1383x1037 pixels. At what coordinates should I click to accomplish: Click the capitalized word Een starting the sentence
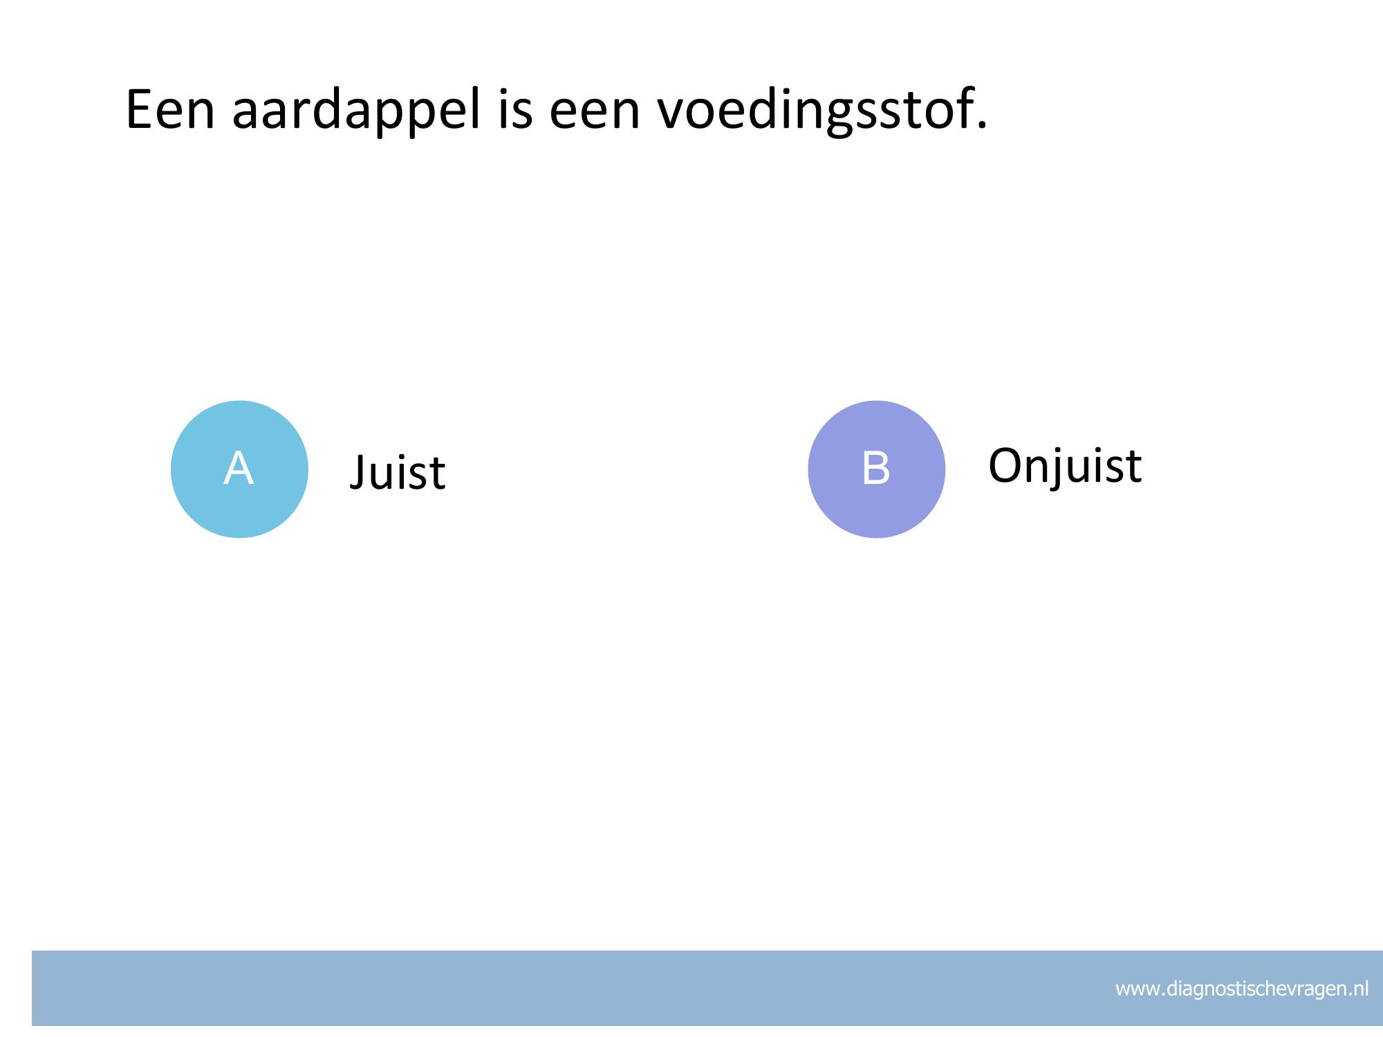(x=170, y=109)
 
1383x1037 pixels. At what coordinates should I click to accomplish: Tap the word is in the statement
(x=515, y=109)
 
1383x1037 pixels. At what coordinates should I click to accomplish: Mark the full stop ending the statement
(x=981, y=124)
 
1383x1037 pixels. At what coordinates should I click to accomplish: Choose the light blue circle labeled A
(x=239, y=469)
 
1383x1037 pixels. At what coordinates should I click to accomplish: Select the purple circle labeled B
(x=876, y=469)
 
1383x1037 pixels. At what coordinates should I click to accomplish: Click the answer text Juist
(x=398, y=473)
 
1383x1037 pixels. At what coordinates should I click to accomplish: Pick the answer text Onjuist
(x=1065, y=465)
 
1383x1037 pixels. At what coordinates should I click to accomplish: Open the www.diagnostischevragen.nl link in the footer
(x=1242, y=989)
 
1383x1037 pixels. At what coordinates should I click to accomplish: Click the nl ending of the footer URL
(x=1359, y=989)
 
